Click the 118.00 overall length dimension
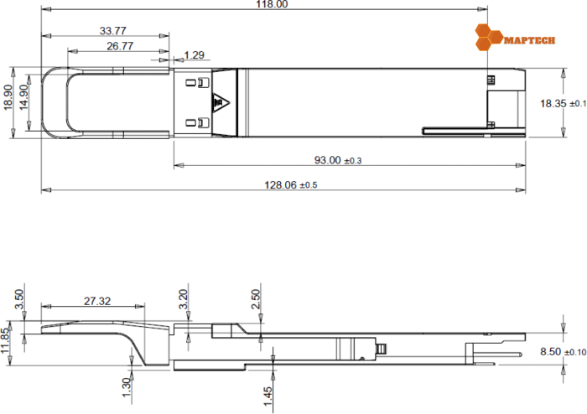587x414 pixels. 270,5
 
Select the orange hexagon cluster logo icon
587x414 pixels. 488,36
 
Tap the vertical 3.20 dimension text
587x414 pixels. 184,298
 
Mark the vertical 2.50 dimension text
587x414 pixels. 256,298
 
